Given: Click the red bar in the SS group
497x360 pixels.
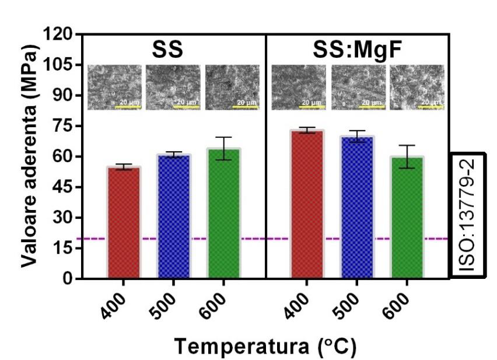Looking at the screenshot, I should coord(123,222).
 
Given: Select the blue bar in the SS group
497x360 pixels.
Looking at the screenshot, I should coord(174,216).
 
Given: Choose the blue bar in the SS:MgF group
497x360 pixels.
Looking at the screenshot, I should coord(357,207).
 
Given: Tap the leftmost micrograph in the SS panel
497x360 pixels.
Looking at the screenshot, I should coord(114,88).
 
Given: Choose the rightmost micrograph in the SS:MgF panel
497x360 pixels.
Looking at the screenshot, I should coord(416,88).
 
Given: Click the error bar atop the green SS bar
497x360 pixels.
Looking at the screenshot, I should coord(225,148).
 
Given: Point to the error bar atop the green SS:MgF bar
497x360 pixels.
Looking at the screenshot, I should coord(407,156).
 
